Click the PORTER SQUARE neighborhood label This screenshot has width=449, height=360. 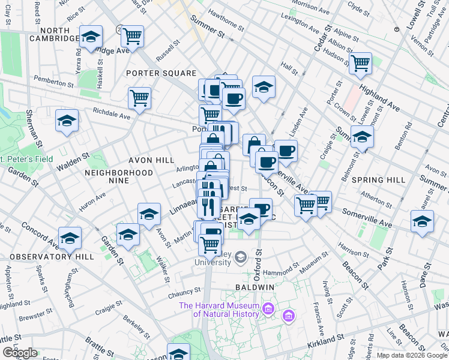click(x=152, y=73)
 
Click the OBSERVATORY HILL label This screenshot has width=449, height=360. click(x=52, y=256)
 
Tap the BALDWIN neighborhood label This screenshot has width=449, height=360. click(x=255, y=287)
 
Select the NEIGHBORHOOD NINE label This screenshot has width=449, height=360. click(x=119, y=176)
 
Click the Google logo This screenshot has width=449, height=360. click(x=20, y=353)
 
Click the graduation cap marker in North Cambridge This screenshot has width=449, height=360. click(x=91, y=37)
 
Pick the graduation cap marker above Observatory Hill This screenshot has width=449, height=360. click(x=70, y=238)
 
